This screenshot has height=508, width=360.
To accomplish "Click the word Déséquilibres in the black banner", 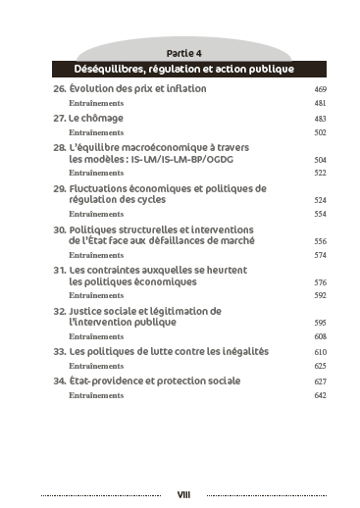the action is (109, 70).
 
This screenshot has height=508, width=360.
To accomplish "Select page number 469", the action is (320, 89).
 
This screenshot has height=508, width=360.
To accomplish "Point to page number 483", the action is (320, 119).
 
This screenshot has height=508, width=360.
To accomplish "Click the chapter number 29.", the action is (59, 187).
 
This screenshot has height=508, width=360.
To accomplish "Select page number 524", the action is (320, 199).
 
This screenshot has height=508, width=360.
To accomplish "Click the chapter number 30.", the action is (59, 229).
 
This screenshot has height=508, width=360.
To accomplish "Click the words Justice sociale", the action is (106, 310).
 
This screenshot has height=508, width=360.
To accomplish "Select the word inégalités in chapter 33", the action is (234, 350).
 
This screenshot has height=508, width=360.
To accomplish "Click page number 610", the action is (320, 351).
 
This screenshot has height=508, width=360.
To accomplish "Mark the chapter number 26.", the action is (59, 88).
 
